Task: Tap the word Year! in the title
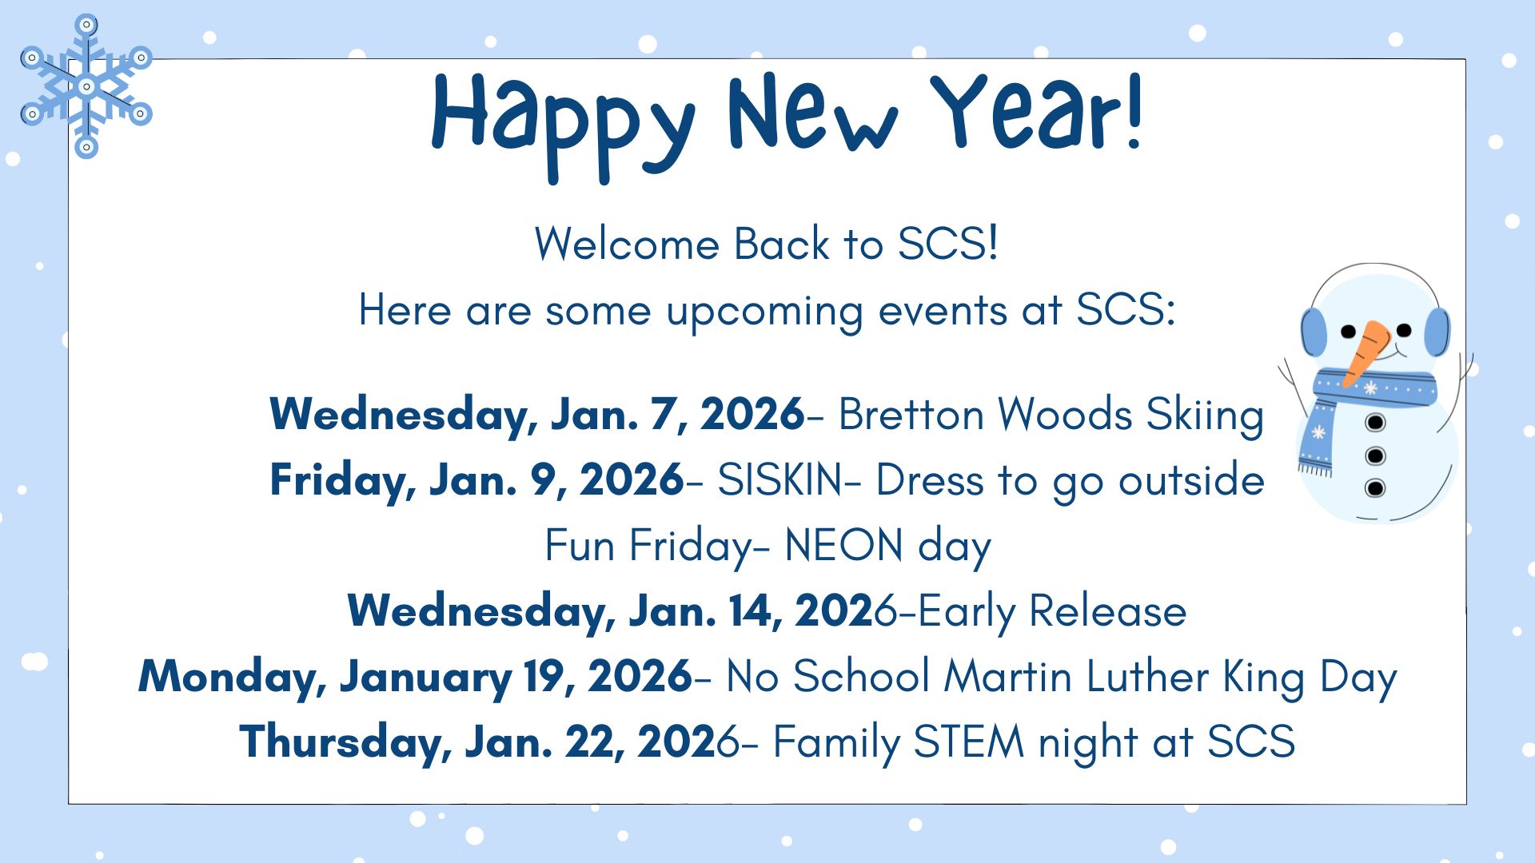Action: pyautogui.click(x=1038, y=112)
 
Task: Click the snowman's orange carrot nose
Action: pyautogui.click(x=1369, y=352)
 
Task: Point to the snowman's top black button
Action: pyautogui.click(x=1375, y=422)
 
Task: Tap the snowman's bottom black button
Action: pyautogui.click(x=1375, y=487)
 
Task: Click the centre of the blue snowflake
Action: pyautogui.click(x=86, y=86)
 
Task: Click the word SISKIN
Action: pyautogui.click(x=779, y=480)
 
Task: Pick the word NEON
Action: pyautogui.click(x=843, y=546)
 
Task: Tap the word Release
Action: pyautogui.click(x=1107, y=611)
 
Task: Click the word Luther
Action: pyautogui.click(x=1147, y=677)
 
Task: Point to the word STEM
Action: pyautogui.click(x=968, y=742)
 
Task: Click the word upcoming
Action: pyautogui.click(x=765, y=312)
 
